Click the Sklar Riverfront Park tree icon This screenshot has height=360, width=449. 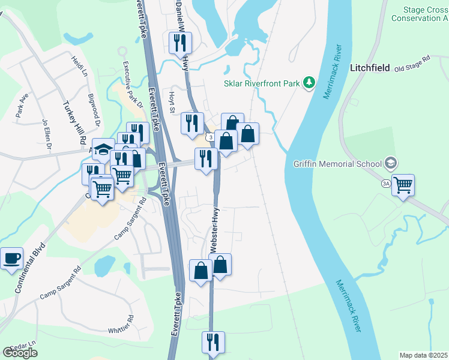(309, 82)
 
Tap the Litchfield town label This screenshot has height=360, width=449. (370, 68)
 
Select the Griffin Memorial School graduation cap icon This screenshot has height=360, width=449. (391, 163)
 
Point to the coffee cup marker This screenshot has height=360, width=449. (11, 259)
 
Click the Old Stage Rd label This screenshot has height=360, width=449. (413, 64)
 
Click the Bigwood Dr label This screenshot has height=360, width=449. (94, 110)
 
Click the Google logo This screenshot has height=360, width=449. (20, 353)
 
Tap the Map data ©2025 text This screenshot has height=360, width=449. (423, 355)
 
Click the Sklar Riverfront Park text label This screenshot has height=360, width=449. (262, 84)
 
